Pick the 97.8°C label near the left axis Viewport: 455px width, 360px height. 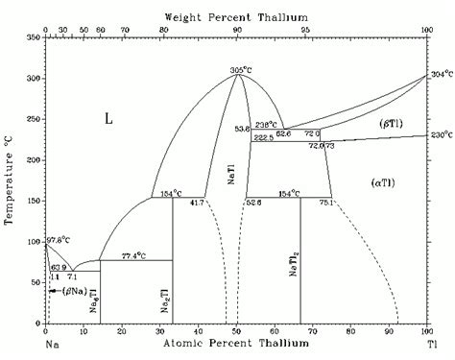pos(58,239)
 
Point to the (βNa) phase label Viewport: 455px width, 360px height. pos(76,289)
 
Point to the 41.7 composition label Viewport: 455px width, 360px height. pos(198,203)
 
